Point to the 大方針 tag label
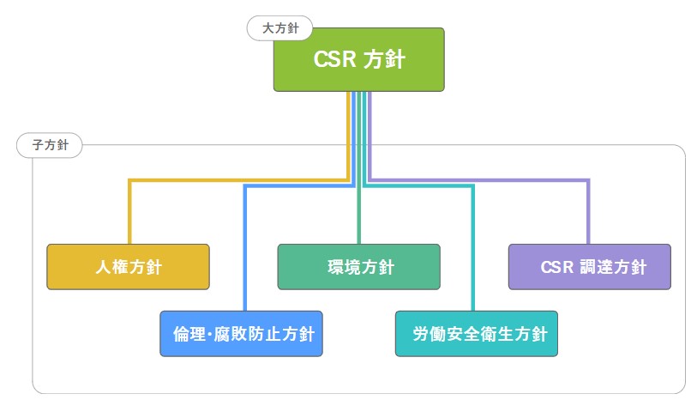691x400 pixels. pos(279,29)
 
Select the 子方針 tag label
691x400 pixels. pos(50,145)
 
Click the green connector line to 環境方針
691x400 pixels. pos(358,215)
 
